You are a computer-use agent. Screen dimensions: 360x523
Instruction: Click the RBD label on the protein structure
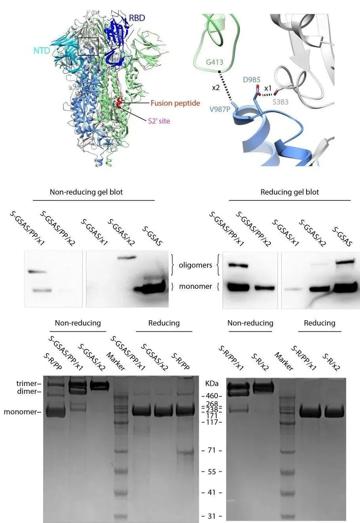pos(137,18)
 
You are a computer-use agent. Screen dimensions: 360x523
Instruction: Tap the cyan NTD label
pos(42,50)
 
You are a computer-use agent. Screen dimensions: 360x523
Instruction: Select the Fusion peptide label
pos(175,103)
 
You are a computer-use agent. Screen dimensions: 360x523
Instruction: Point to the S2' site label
pos(159,121)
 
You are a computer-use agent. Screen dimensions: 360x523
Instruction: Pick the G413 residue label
pos(215,62)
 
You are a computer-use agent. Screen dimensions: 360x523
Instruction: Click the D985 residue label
pos(251,80)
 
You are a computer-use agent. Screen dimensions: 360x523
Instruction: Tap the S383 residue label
pos(281,102)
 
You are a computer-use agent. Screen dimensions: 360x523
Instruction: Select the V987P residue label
pos(219,109)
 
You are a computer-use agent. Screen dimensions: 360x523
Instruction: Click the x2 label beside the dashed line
pos(216,88)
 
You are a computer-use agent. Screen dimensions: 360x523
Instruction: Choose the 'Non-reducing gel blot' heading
pos(86,192)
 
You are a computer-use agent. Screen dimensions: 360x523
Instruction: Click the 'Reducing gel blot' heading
pos(290,192)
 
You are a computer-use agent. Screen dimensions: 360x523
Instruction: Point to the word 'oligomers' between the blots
pos(196,265)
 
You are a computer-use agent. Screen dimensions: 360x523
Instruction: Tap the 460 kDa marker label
pos(212,396)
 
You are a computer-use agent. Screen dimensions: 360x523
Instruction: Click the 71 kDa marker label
pos(211,450)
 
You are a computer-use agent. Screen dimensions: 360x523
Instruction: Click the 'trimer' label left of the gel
pos(27,384)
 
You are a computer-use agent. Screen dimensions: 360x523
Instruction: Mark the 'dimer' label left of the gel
pos(27,391)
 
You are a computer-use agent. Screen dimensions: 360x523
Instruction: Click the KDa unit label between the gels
pos(212,384)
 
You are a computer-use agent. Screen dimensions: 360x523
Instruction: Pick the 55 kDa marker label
pos(211,472)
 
